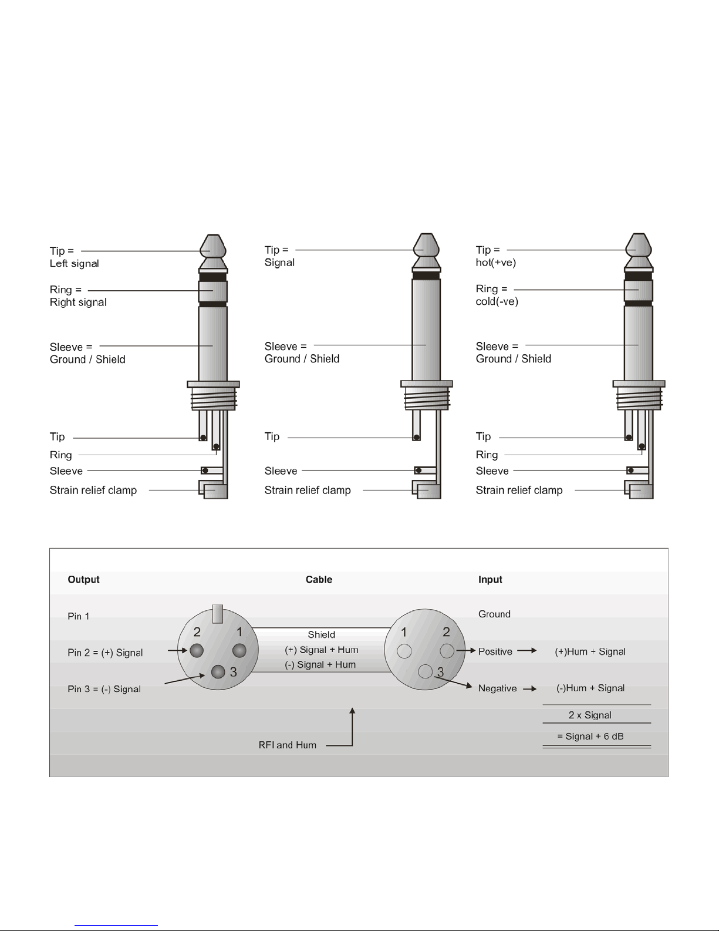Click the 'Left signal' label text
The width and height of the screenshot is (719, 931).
74,264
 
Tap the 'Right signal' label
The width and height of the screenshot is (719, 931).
78,303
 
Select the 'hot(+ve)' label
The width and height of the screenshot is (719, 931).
495,263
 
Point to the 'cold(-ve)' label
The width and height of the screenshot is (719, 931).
497,302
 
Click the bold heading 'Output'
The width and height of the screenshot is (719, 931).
83,579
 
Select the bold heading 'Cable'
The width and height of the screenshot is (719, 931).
319,579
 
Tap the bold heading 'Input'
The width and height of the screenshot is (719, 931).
490,580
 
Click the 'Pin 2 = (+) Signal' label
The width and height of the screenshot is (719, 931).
105,653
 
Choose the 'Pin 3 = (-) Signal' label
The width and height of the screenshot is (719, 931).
104,689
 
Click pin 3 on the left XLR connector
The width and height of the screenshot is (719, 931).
218,671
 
